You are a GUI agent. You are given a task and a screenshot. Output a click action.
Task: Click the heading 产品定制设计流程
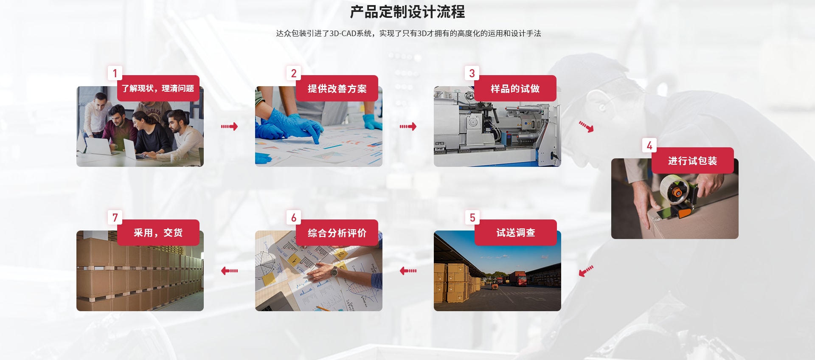point(407,12)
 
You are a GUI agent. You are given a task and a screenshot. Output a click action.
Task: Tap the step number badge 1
point(115,73)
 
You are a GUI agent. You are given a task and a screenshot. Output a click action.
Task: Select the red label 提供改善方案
point(337,88)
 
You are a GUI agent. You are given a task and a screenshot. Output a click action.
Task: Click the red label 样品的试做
point(515,88)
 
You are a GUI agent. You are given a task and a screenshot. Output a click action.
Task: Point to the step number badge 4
point(649,145)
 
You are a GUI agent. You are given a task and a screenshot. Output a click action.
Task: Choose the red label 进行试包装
point(693,160)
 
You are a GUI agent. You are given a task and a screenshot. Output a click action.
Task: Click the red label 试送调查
point(516,233)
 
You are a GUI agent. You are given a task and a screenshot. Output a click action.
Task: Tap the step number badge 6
point(293,217)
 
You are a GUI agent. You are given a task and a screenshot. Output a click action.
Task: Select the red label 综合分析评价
point(337,233)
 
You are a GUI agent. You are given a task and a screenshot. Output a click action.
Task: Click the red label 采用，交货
point(158,233)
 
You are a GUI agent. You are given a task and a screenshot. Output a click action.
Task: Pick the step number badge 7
point(115,217)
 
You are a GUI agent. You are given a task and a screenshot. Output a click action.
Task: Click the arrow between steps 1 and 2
point(229,127)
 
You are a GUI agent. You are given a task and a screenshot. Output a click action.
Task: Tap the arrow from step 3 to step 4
point(587,127)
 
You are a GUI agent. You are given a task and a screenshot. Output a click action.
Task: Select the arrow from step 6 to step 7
point(229,270)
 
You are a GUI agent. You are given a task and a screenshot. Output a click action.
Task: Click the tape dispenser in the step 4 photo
point(678,195)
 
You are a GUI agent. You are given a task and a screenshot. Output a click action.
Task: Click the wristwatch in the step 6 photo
point(335,270)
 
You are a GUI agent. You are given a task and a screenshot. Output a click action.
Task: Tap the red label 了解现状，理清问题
point(158,88)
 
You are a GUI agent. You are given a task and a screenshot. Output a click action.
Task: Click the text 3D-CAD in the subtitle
point(343,34)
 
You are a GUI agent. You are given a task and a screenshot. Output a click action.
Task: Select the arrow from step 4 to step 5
point(586,271)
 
